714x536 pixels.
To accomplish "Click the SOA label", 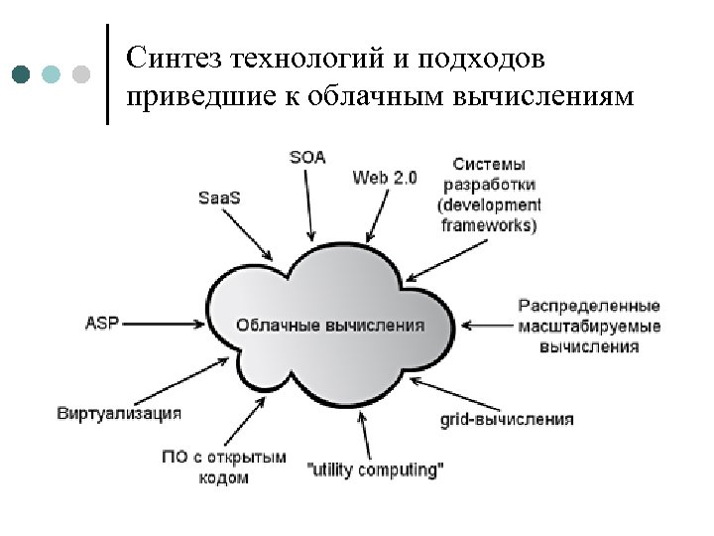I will point(306,157).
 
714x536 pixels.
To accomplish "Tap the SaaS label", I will point(219,197).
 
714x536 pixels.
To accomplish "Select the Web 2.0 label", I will point(385,178).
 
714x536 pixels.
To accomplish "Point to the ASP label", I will point(101,323).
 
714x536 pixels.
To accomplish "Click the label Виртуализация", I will point(119,412).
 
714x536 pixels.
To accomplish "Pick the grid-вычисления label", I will point(506,420).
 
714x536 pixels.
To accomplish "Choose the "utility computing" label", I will point(376,469).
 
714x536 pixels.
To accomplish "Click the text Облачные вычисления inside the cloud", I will point(329,325).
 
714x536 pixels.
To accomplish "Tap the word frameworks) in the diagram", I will point(489,224).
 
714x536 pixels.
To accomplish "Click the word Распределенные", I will point(589,305).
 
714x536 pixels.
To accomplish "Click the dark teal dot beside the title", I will point(22,74).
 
